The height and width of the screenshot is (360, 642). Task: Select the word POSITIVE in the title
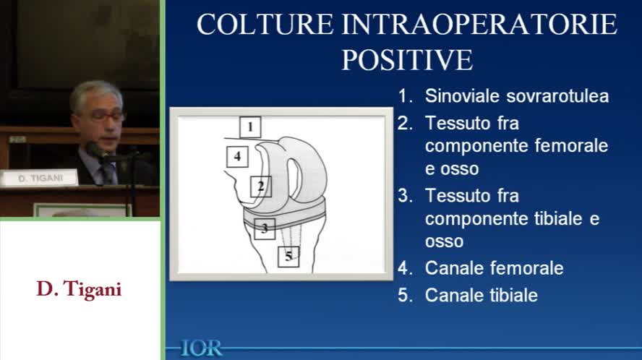pyautogui.click(x=407, y=60)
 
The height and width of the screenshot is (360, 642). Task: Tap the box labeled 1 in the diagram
pyautogui.click(x=249, y=128)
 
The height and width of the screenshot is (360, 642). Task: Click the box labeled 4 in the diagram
pyautogui.click(x=237, y=155)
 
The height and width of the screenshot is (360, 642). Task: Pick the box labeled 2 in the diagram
pyautogui.click(x=261, y=187)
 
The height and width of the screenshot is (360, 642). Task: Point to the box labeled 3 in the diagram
pyautogui.click(x=265, y=228)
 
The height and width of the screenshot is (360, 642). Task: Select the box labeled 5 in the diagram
pyautogui.click(x=288, y=256)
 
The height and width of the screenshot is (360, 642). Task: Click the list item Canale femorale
pyautogui.click(x=494, y=267)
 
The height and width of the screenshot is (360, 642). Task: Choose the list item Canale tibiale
pyautogui.click(x=481, y=295)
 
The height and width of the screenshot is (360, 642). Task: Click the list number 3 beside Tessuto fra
pyautogui.click(x=403, y=195)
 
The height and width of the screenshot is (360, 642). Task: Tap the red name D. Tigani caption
pyautogui.click(x=79, y=289)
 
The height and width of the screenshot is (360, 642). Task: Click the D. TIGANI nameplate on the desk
pyautogui.click(x=38, y=178)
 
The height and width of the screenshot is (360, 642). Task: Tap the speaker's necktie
pyautogui.click(x=107, y=173)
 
